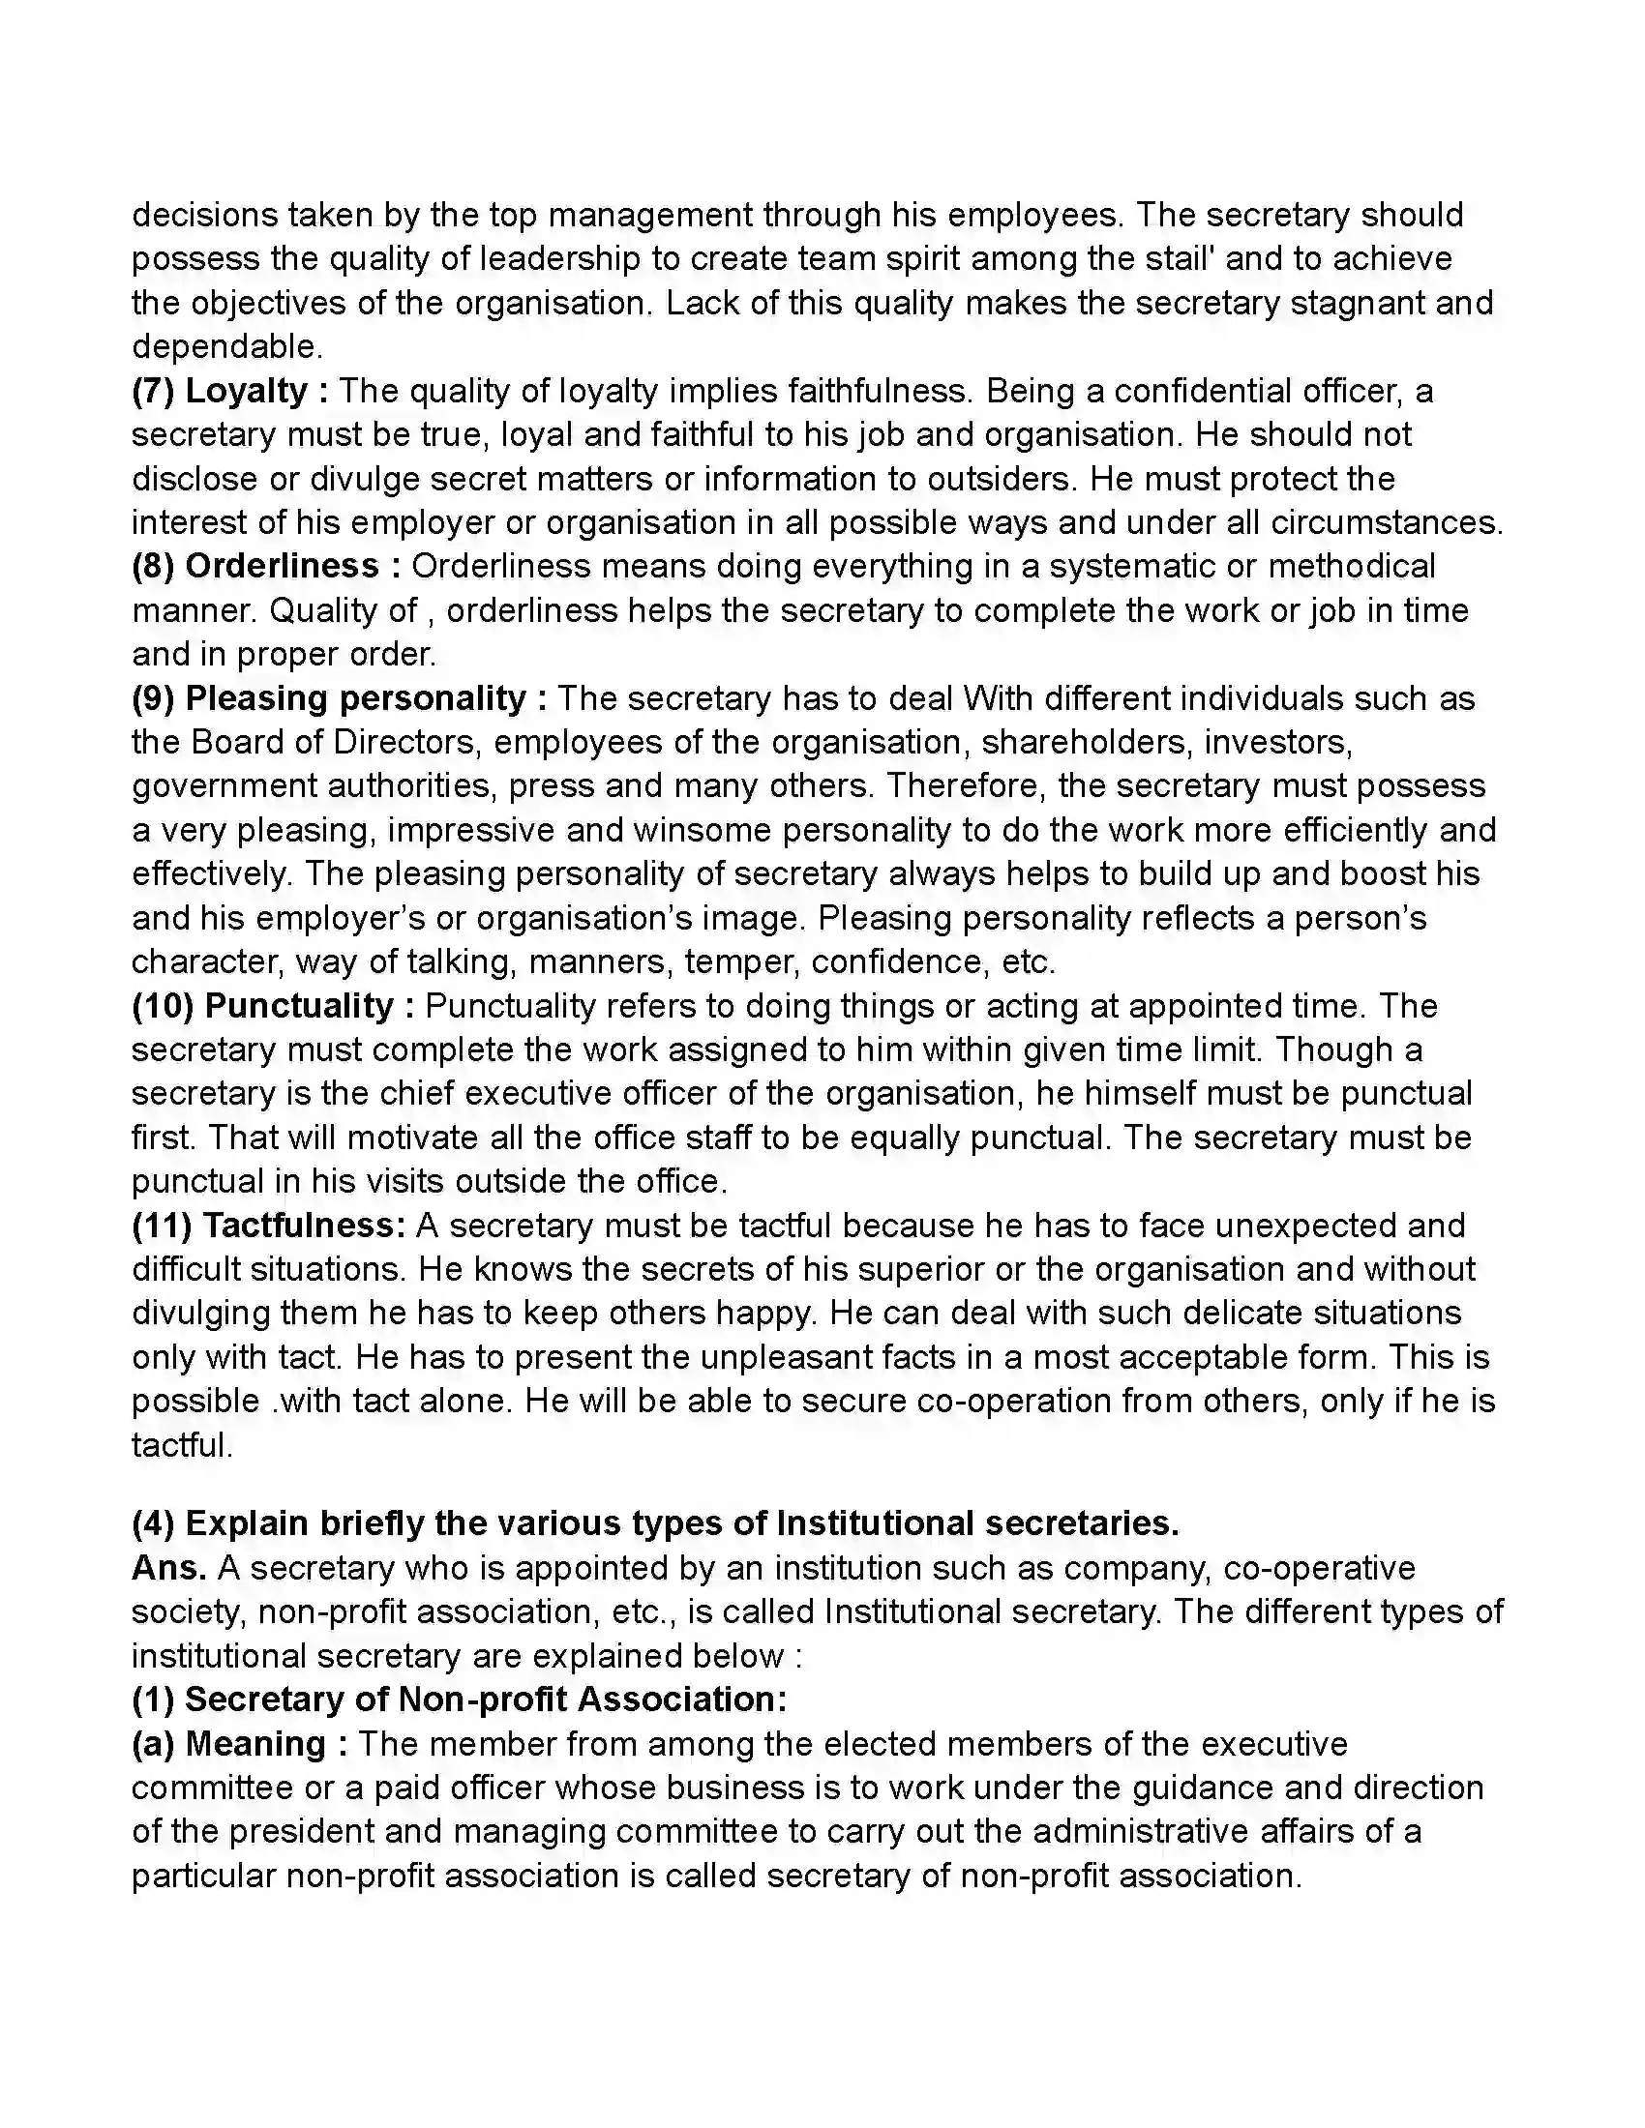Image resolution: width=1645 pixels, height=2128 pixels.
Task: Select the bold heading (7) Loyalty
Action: click(221, 391)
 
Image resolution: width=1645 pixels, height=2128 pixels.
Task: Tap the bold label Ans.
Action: click(168, 1568)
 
